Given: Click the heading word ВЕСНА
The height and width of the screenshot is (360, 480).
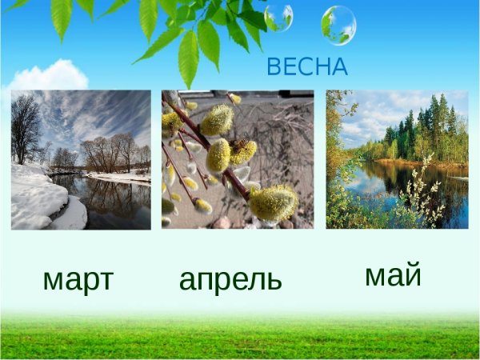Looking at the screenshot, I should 307,67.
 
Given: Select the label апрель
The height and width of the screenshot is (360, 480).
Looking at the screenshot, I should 230,279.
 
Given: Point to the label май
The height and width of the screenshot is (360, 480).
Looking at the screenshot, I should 393,274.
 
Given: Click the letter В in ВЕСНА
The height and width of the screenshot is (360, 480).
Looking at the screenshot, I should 274,67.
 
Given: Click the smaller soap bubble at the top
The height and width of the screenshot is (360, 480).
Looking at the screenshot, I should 278,17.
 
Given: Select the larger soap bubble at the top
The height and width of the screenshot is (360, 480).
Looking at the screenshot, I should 338,25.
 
